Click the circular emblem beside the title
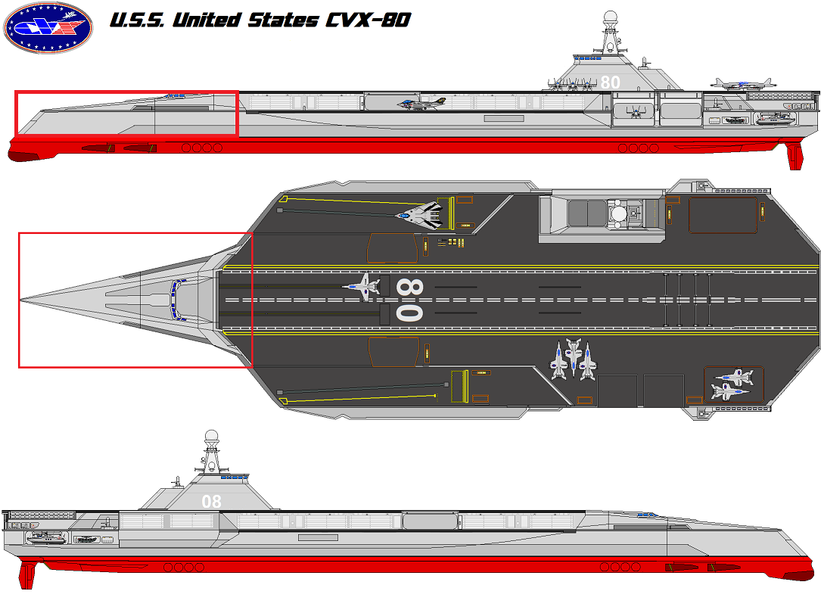48,30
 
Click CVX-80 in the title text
368,20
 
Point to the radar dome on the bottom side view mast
213,437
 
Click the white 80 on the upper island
610,82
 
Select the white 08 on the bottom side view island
212,501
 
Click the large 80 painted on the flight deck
409,300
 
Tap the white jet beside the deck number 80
361,285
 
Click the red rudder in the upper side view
794,155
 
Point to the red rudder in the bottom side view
28,574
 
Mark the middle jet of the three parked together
573,359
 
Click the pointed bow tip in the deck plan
22,300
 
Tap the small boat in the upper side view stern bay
773,118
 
